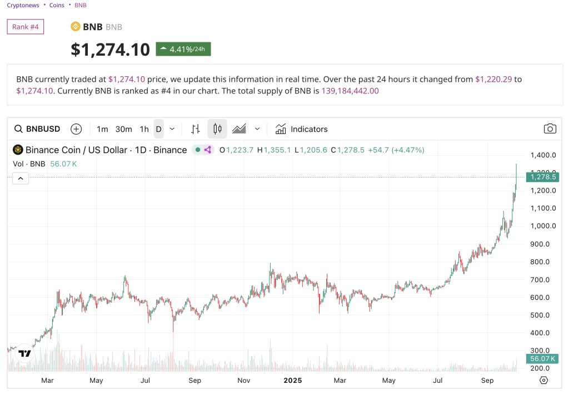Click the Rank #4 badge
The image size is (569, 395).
26,27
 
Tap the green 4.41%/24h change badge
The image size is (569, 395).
183,49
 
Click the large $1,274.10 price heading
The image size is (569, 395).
110,50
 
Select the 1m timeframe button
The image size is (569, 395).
102,129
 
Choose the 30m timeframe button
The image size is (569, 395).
123,129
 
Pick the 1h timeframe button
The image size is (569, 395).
144,129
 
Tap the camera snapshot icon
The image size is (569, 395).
550,129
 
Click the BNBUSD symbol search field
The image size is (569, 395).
38,129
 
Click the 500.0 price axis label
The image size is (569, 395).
540,315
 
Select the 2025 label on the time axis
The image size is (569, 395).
292,381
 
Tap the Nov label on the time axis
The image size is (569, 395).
243,381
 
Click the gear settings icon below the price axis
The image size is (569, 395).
543,381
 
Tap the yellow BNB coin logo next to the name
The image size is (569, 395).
76,27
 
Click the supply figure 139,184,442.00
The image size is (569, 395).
350,91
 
